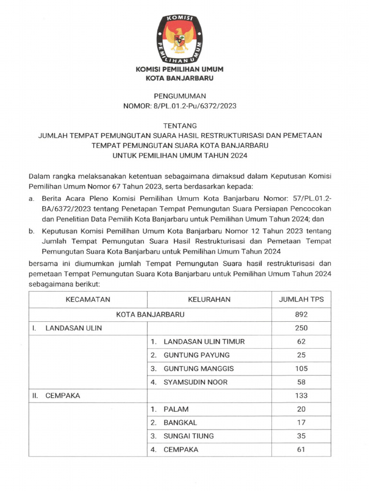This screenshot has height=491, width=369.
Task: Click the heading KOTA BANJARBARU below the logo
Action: point(179,78)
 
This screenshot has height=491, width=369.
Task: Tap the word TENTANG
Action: point(179,126)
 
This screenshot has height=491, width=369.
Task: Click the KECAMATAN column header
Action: point(88,299)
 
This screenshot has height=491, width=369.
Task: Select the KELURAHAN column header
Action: point(209,299)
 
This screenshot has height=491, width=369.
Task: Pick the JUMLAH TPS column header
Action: point(301,299)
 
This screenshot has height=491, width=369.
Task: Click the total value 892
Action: point(301,315)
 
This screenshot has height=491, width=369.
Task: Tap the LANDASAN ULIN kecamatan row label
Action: point(74,328)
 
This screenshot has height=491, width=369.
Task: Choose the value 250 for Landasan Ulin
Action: point(301,328)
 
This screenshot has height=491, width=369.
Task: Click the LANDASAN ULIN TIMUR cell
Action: point(204,341)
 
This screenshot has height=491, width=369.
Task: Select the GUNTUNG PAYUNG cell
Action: point(197,355)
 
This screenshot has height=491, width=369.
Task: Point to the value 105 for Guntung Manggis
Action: point(301,368)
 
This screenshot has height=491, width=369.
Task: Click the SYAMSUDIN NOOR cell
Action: point(196,382)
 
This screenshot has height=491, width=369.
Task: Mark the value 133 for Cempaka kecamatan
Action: point(301,396)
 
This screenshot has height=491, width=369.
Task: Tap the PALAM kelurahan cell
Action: point(176,409)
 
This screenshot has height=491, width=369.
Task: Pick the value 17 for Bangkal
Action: point(301,422)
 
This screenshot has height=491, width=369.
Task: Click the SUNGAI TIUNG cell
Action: point(188,436)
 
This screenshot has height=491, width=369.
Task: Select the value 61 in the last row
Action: point(301,449)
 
